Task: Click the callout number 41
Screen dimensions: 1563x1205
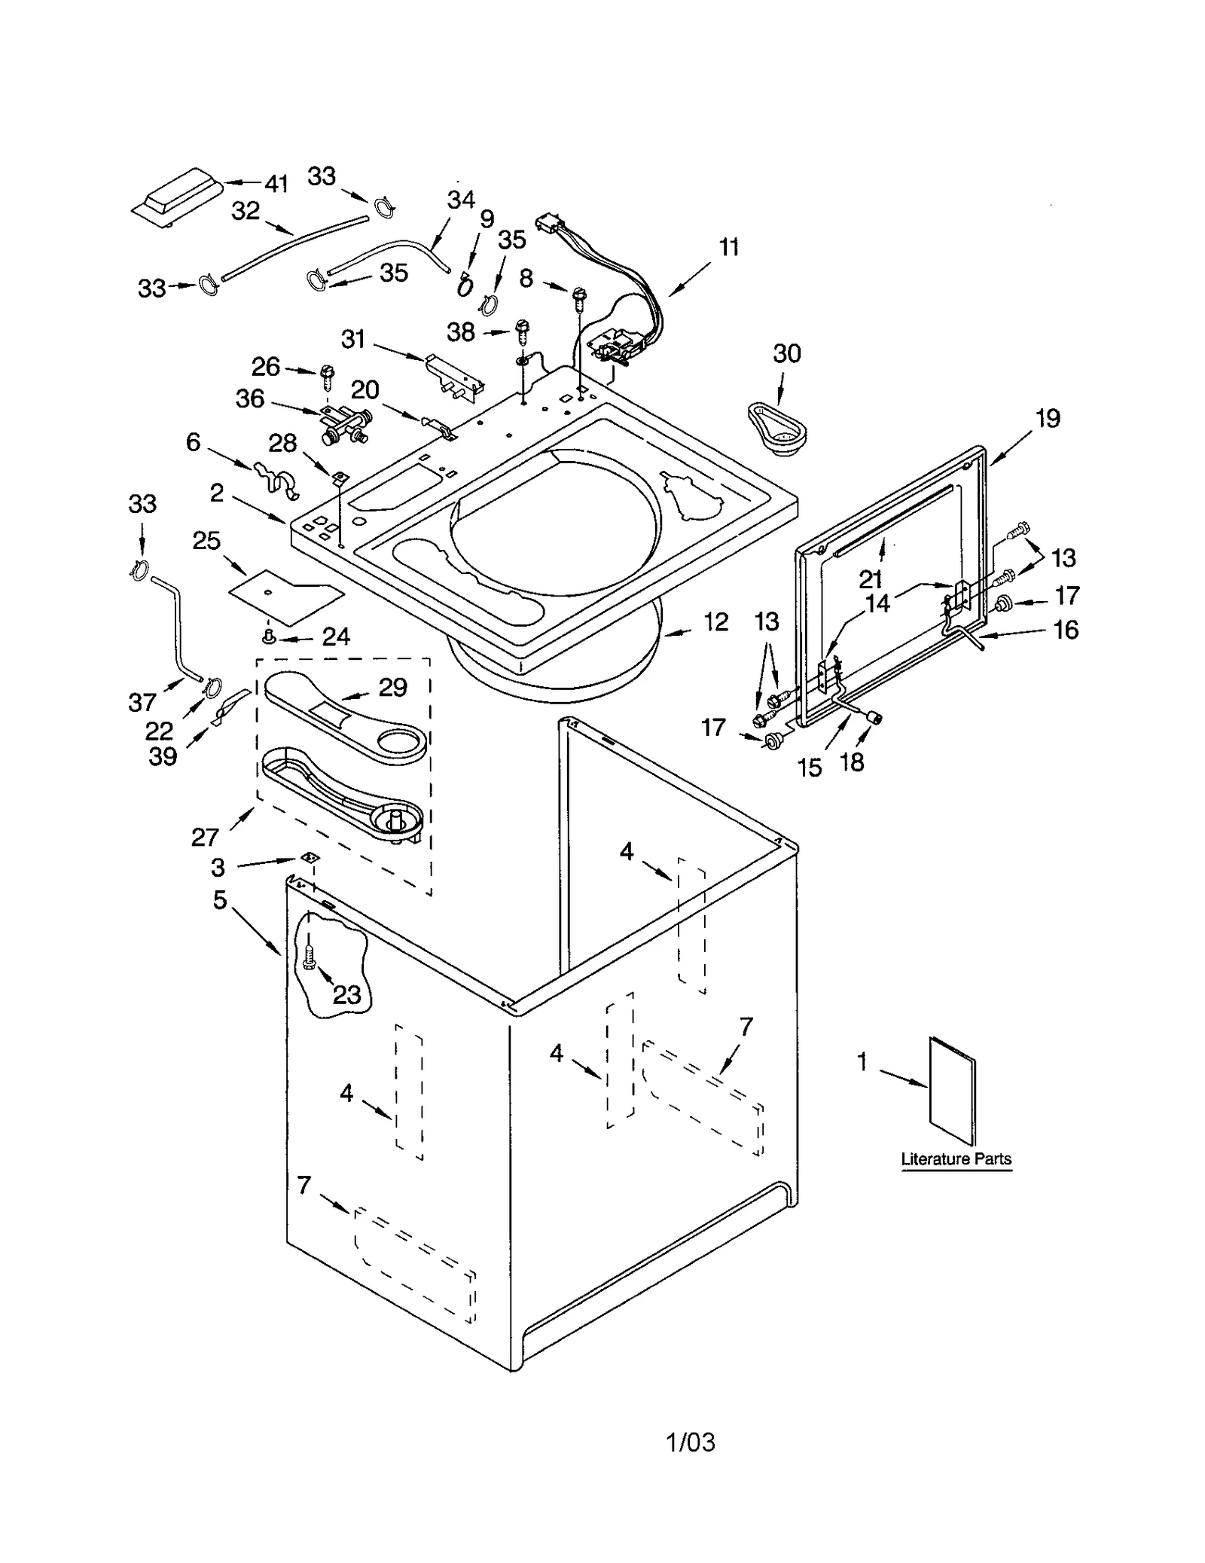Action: pos(276,183)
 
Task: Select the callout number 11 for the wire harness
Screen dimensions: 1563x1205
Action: pos(728,247)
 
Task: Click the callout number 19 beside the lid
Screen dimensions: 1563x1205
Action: pos(1048,419)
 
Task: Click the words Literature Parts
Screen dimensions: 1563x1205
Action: pos(956,1159)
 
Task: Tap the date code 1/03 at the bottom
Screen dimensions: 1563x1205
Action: pos(691,1442)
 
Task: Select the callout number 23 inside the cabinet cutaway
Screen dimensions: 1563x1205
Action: pos(346,995)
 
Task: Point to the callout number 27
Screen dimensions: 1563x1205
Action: pos(205,837)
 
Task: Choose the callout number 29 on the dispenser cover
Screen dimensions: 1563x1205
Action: pos(392,687)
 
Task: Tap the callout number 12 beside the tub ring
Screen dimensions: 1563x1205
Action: pos(715,622)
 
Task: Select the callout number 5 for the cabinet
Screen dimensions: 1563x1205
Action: pos(219,899)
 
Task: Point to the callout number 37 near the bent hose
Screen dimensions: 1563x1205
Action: pos(142,702)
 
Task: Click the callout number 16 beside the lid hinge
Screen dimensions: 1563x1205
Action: pos(1066,629)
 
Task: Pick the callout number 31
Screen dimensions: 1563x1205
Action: pos(352,340)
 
